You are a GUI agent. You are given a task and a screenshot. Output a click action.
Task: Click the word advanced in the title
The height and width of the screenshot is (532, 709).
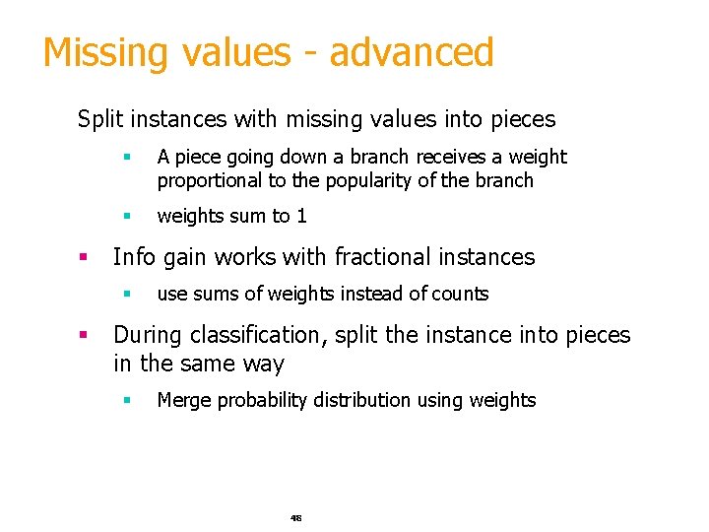pyautogui.click(x=411, y=53)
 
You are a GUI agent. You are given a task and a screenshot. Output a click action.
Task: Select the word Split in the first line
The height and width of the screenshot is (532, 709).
pyautogui.click(x=97, y=120)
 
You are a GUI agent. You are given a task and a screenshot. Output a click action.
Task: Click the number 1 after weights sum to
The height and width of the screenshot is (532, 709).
pyautogui.click(x=301, y=216)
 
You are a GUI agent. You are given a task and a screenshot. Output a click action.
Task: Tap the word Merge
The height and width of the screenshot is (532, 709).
pyautogui.click(x=184, y=400)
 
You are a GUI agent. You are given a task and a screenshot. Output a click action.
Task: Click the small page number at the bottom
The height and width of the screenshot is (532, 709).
pyautogui.click(x=295, y=517)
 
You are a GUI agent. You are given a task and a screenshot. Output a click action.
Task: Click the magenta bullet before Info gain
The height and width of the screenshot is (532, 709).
pyautogui.click(x=86, y=258)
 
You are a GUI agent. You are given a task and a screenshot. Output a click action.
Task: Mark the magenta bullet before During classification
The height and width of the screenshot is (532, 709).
pyautogui.click(x=86, y=335)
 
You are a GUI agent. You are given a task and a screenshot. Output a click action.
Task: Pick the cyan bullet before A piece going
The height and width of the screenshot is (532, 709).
pyautogui.click(x=127, y=158)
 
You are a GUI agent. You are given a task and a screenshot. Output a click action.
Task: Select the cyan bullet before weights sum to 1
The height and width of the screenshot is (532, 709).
pyautogui.click(x=127, y=216)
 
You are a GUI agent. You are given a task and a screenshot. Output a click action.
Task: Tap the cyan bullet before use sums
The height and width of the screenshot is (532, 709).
pyautogui.click(x=127, y=294)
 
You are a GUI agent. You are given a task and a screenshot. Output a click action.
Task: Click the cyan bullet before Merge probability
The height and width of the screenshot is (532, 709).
pyautogui.click(x=127, y=400)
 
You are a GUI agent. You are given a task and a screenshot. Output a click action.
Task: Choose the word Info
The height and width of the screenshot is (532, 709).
pyautogui.click(x=133, y=258)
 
